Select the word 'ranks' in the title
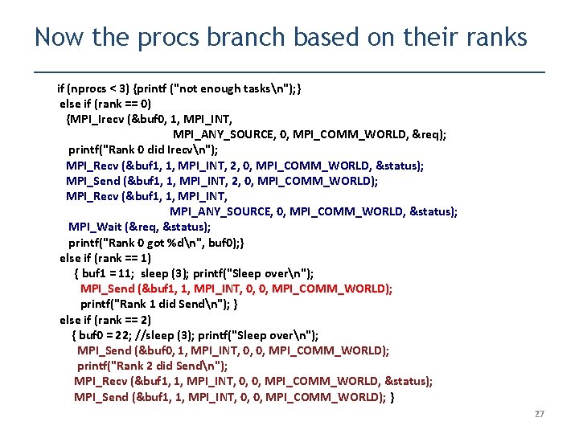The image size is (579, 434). (x=495, y=37)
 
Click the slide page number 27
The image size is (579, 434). (x=539, y=414)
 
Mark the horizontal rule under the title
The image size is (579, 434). (x=289, y=72)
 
